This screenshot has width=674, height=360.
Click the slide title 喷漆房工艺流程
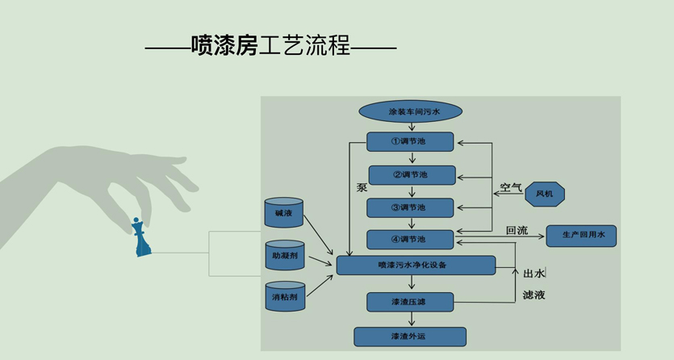(x=270, y=46)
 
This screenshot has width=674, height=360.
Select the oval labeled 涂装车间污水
(x=410, y=111)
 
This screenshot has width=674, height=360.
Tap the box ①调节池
(x=410, y=142)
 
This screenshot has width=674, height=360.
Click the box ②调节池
(x=412, y=174)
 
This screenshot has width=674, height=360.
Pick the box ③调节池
(x=410, y=207)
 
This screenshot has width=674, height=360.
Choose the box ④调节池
(x=410, y=239)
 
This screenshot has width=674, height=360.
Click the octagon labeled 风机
(x=544, y=194)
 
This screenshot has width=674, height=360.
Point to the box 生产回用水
(x=581, y=236)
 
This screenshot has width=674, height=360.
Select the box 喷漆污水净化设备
(x=415, y=265)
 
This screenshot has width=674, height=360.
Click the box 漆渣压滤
(x=410, y=302)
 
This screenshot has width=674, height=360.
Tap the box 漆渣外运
(x=410, y=336)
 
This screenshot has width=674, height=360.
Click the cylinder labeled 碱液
(x=283, y=212)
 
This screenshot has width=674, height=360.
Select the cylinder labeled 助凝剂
(x=284, y=256)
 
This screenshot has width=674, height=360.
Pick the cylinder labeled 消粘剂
(x=284, y=297)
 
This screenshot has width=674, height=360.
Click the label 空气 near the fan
(x=511, y=188)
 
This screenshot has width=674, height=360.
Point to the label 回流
(x=517, y=231)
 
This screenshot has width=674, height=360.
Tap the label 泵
(x=362, y=187)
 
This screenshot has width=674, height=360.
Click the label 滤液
(x=534, y=295)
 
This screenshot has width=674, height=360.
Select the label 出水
(x=534, y=273)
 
